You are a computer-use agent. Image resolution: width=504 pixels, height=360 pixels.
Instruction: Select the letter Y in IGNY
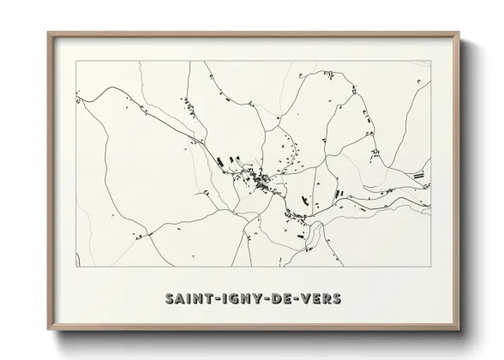(250, 299)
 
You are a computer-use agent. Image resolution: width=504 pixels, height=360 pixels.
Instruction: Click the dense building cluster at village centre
(260, 180)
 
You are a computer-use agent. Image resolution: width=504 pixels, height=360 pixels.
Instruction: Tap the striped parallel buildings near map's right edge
(419, 174)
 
